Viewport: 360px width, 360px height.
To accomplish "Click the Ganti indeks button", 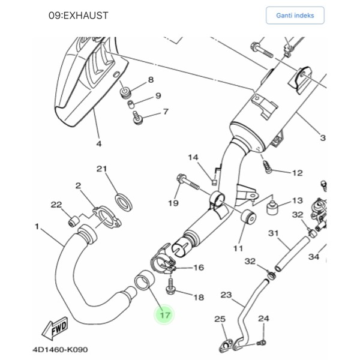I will point(295,15).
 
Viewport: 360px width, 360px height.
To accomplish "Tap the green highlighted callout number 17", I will point(165,314).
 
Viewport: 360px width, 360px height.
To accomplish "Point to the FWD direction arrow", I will point(54,328).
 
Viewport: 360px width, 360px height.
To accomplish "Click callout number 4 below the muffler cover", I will point(99,143).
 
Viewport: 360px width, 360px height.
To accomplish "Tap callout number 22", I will point(56,205).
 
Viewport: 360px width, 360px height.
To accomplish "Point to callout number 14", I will point(193,158).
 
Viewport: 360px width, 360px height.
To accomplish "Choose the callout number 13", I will point(298,200).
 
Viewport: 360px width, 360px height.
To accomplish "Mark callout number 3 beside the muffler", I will point(322,137).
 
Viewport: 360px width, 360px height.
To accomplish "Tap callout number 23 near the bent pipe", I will point(226,295).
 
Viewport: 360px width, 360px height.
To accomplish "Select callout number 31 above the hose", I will point(274,233).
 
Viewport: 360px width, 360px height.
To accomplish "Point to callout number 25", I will point(220,318).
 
